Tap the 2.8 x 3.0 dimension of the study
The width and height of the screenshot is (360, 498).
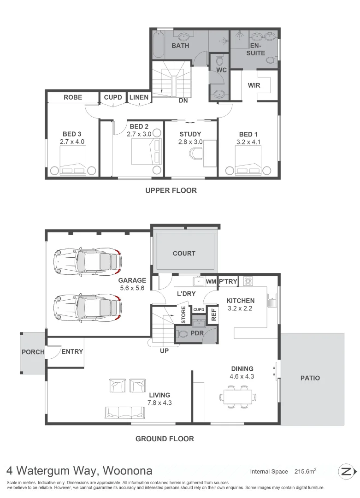[x=190, y=142]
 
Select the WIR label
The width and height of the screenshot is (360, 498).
[x=254, y=85]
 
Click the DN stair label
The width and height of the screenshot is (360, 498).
[x=183, y=101]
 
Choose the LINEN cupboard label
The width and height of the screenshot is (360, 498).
[x=139, y=97]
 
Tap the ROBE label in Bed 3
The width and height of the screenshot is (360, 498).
[x=73, y=97]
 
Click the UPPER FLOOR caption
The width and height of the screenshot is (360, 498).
[x=171, y=190]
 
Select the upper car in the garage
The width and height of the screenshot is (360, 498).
[x=87, y=261]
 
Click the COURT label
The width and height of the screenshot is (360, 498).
[x=184, y=253]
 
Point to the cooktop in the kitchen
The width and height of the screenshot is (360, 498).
[x=248, y=281]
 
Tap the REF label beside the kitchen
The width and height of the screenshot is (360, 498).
[x=213, y=315]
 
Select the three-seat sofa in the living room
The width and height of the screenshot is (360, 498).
[x=124, y=412]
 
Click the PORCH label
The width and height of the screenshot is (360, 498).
[x=33, y=352]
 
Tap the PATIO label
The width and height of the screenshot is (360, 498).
[x=310, y=378]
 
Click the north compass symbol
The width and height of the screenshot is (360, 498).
[x=347, y=471]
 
